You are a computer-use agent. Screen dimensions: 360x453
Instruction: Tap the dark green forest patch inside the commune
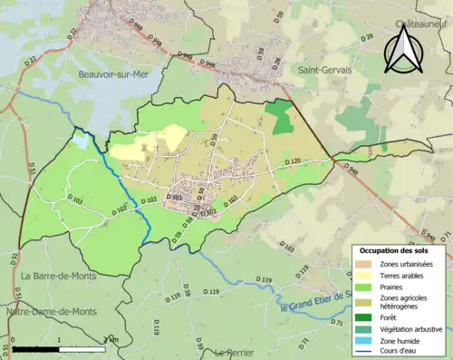tap(281, 116)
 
